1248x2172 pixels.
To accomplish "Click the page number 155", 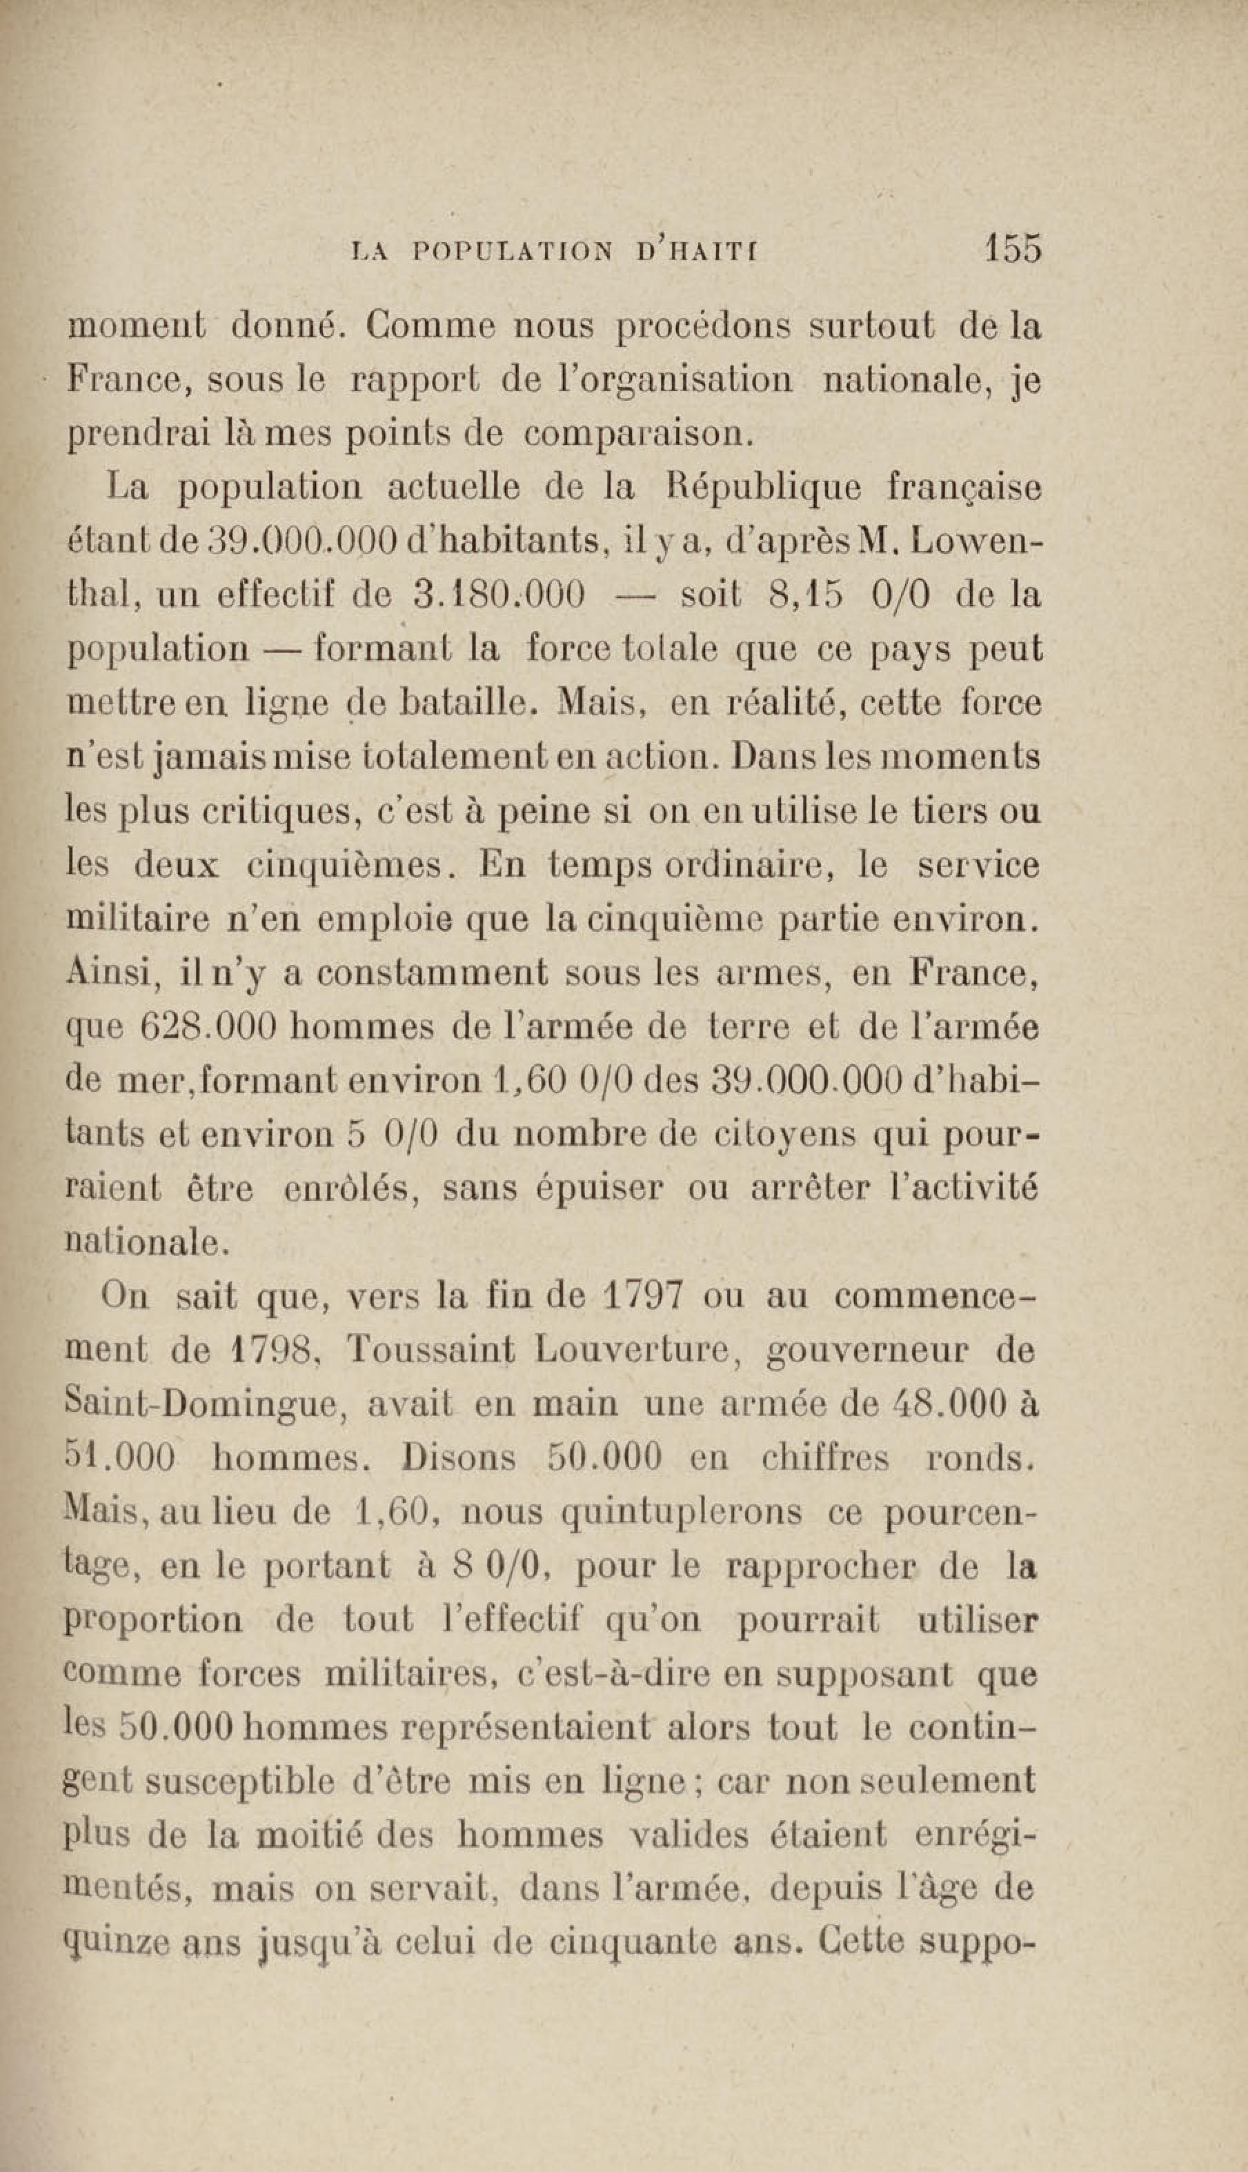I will coord(1013,248).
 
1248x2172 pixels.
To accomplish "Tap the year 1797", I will coord(643,1296).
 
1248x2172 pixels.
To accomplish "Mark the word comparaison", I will coord(637,435).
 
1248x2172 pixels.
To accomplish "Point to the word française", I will coord(964,488).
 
